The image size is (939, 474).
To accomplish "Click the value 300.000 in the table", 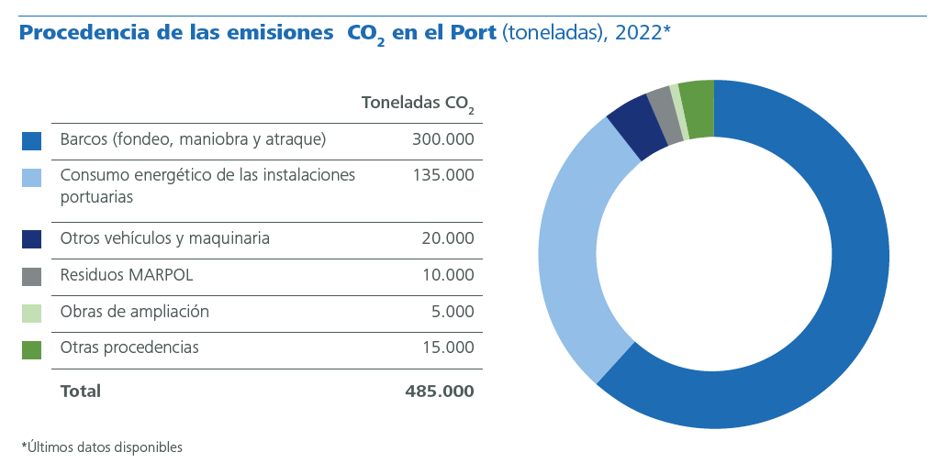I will [x=443, y=140].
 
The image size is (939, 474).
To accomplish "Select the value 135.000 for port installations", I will [x=443, y=175].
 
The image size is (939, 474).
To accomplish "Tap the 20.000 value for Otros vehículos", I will [x=447, y=239].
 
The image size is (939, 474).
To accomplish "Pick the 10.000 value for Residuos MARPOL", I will [x=447, y=275].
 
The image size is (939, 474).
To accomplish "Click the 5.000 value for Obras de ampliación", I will [x=452, y=312].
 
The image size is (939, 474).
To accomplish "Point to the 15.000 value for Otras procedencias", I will [x=447, y=348].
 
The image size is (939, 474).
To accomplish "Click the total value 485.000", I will [x=439, y=391].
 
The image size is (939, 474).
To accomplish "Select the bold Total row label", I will [x=80, y=391].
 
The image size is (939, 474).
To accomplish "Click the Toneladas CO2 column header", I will [x=418, y=104].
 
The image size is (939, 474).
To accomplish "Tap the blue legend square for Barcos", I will [x=31, y=141].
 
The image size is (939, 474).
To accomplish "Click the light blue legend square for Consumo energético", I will [x=31, y=177].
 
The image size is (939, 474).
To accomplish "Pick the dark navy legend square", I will [x=31, y=240].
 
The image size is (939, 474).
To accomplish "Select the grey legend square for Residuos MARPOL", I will [x=31, y=276].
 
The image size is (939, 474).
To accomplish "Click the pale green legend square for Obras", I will [x=31, y=313].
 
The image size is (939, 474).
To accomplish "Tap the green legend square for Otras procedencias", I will [x=31, y=349].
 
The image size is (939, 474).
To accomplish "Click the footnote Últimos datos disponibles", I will [x=102, y=447].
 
